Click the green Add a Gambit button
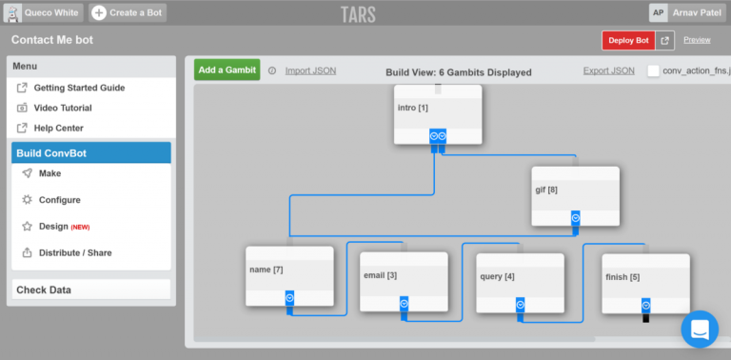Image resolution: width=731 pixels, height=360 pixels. (227, 70)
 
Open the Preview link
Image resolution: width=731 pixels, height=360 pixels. (697, 40)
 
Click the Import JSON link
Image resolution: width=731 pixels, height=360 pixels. (310, 70)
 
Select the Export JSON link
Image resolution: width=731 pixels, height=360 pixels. (608, 70)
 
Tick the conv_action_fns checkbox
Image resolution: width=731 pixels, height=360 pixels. (653, 71)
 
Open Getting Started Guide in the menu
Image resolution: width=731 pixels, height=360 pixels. (78, 88)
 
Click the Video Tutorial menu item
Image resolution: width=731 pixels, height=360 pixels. (69, 108)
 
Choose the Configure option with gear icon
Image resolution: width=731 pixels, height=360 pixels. (59, 200)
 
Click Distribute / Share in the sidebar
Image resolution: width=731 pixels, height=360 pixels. (74, 253)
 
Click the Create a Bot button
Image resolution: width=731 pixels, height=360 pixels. (128, 12)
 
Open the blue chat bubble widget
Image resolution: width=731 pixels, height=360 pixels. (700, 330)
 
